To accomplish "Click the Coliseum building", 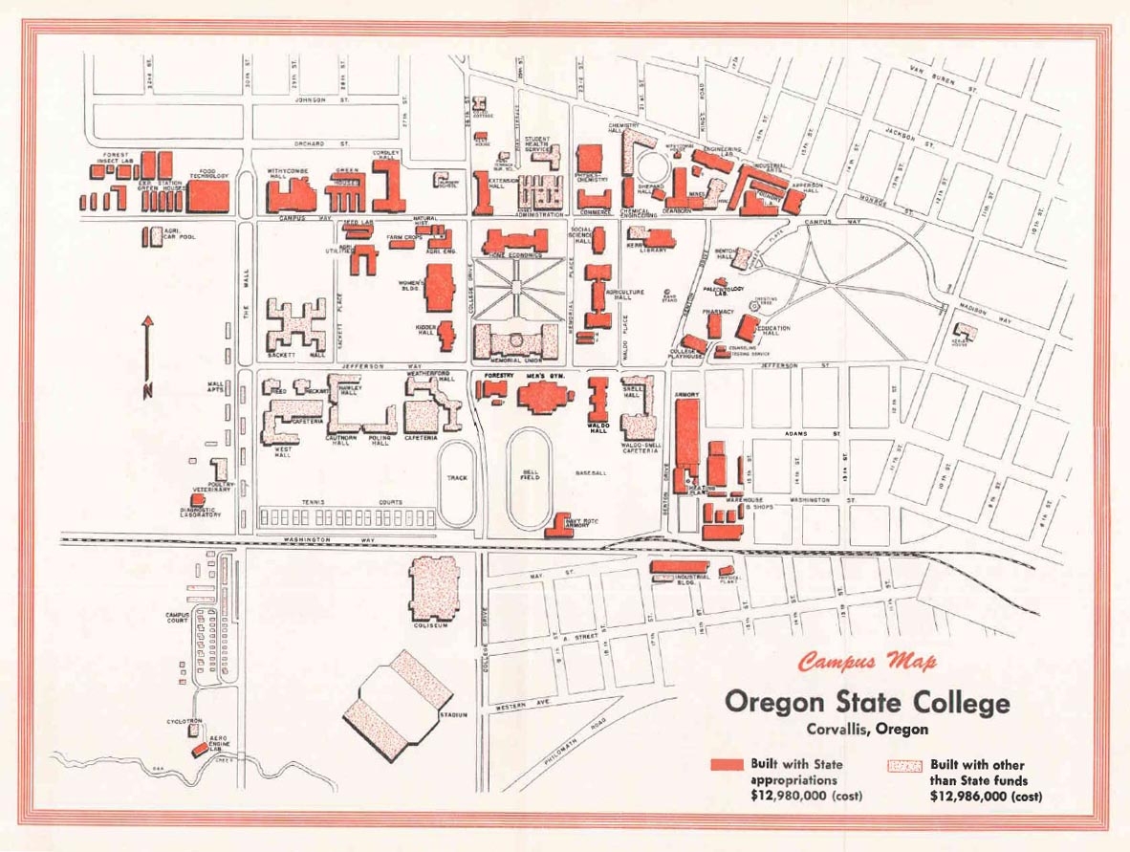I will pyautogui.click(x=434, y=588).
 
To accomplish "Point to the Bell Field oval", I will pyautogui.click(x=529, y=478).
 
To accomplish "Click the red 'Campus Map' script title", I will pyautogui.click(x=867, y=661).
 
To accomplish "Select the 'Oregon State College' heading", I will pyautogui.click(x=866, y=703).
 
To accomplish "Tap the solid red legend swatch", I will pyautogui.click(x=727, y=765).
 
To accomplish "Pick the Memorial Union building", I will pyautogui.click(x=516, y=340).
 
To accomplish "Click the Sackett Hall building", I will pyautogui.click(x=296, y=325).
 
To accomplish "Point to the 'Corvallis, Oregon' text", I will pyautogui.click(x=866, y=729).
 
